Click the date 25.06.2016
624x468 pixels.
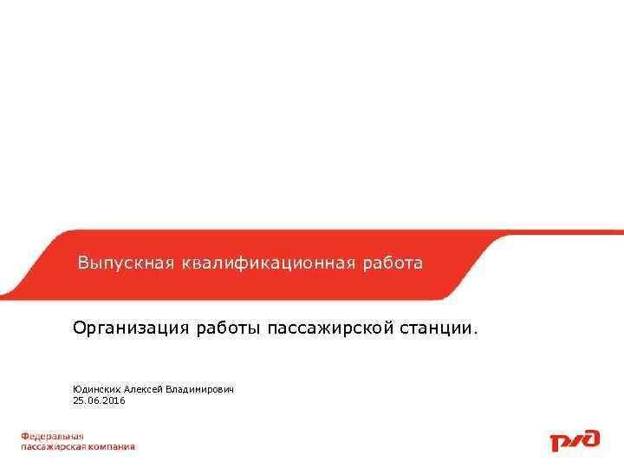[99, 400]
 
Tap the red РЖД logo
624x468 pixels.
[575, 440]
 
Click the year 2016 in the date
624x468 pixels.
[113, 400]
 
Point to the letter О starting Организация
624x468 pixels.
[79, 328]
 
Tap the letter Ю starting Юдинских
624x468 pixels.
[76, 390]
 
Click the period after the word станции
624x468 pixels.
[475, 332]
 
